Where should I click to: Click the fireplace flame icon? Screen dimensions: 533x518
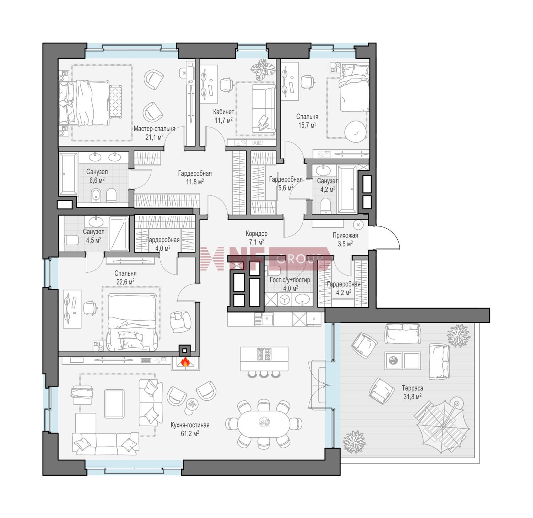185,362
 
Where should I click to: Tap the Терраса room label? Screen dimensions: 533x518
413,388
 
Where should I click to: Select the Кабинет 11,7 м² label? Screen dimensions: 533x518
224,116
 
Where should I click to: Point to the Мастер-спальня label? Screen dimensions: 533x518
154,129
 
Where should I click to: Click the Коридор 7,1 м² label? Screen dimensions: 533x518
257,238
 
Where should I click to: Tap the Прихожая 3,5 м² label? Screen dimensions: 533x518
345,239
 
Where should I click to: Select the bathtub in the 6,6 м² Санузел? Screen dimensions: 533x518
68,174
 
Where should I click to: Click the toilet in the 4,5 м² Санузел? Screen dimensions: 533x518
70,240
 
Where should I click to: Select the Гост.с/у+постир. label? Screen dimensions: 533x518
290,280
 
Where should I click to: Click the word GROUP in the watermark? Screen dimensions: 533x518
299,258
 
